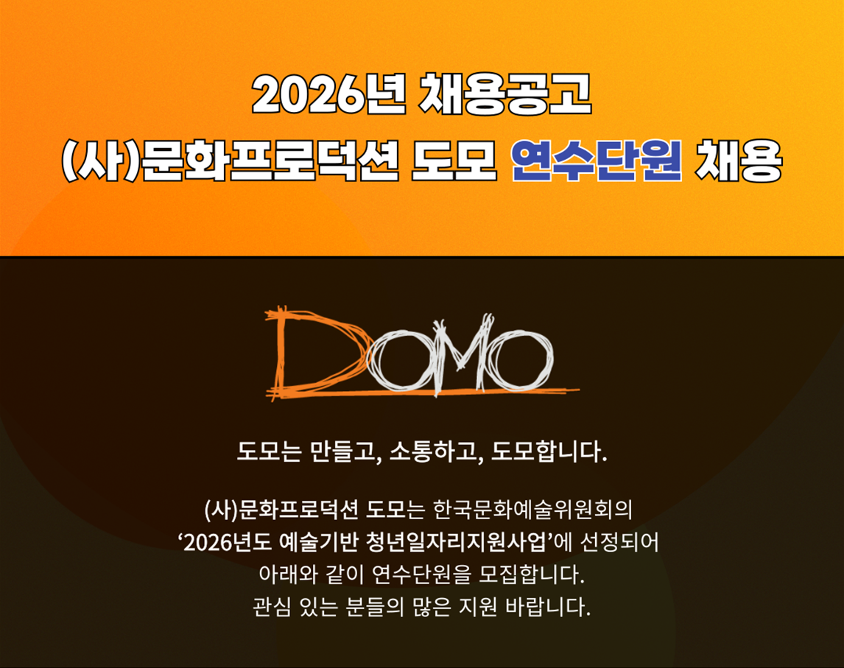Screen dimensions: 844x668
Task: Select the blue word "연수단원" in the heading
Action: coord(597,161)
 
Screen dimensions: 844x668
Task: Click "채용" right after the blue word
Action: coord(738,161)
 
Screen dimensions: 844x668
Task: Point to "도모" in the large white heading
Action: coord(453,161)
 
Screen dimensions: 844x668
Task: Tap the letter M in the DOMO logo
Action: coord(459,353)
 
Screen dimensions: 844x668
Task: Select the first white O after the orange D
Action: coord(398,359)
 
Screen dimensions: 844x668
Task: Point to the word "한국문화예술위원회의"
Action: coord(532,509)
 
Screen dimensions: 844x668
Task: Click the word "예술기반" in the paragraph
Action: coord(319,542)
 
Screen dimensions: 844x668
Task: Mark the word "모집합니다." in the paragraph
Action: coord(530,575)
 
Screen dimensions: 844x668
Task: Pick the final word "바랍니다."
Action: coord(548,608)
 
